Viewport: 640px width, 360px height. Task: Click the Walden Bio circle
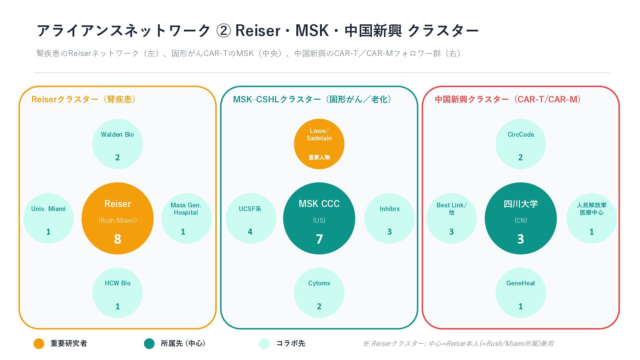(x=117, y=144)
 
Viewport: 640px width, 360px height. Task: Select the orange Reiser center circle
(x=117, y=218)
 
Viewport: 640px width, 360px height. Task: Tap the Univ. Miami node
(x=48, y=218)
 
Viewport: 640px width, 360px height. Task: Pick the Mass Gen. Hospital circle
(x=186, y=218)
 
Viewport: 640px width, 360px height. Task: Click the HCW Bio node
(x=117, y=293)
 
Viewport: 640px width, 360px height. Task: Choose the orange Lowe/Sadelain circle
(x=319, y=144)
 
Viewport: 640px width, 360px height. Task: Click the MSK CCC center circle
(x=319, y=218)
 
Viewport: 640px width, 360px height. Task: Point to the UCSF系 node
(x=251, y=218)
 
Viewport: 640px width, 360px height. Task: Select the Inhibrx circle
(x=389, y=218)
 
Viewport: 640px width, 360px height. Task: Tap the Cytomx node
(x=319, y=293)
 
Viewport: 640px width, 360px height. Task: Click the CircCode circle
(x=521, y=144)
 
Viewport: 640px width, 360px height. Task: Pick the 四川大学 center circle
(x=521, y=218)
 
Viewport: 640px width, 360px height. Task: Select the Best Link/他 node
(x=452, y=218)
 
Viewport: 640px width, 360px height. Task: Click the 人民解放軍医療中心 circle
(x=591, y=218)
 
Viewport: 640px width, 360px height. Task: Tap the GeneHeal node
(x=521, y=293)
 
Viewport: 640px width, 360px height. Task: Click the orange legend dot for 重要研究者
(x=39, y=344)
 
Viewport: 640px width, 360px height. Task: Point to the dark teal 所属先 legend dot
(x=149, y=344)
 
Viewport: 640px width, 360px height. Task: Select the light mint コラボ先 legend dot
(x=264, y=344)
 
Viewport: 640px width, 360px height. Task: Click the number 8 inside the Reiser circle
(x=117, y=239)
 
